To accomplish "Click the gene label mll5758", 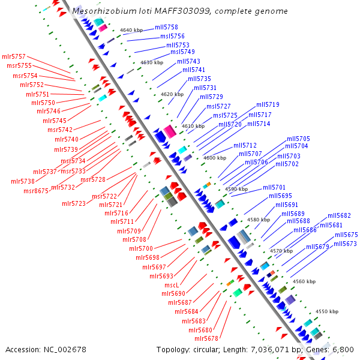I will [166, 28].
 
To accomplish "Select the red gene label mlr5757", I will [14, 56].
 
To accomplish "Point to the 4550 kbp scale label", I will [327, 311].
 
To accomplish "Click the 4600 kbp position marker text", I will [215, 158].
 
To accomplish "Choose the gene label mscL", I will [172, 285].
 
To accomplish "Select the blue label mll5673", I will [345, 244].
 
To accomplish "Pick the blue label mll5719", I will [268, 105].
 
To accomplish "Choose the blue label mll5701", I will [274, 187].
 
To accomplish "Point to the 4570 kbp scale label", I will [281, 250].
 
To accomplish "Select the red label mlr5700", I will [141, 248].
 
